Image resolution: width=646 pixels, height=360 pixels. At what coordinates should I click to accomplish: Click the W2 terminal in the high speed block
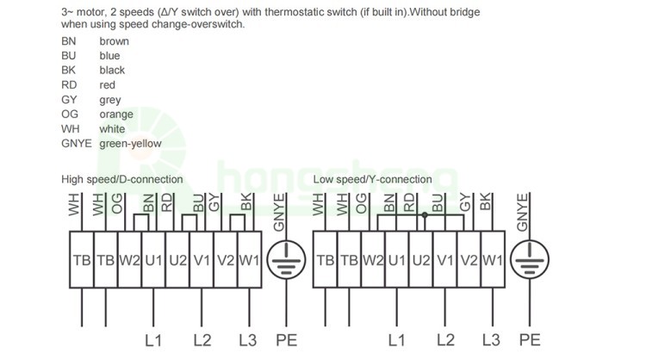point(130,259)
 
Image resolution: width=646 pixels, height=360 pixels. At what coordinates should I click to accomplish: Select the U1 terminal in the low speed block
point(397,259)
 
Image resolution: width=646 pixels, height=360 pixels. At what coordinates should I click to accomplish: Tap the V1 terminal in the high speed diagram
point(202,259)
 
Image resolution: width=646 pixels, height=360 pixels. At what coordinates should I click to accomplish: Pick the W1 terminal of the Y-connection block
point(493,259)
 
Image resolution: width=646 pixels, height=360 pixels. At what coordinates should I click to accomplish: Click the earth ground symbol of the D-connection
point(286,260)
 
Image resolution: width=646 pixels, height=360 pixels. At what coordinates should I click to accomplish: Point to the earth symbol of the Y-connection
point(530,259)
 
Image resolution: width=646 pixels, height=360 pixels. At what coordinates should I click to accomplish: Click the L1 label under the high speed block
point(153,340)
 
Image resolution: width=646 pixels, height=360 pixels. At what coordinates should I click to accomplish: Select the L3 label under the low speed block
point(491,340)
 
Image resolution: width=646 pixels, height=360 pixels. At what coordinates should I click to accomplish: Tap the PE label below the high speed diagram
point(286,340)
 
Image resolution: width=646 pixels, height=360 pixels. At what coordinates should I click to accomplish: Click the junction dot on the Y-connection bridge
point(425,215)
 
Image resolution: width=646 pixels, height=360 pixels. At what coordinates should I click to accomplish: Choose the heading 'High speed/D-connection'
point(122,179)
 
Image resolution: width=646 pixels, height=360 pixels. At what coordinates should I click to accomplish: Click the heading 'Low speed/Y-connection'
point(372,179)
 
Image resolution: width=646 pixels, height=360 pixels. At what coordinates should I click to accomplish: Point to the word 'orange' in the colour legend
point(116,114)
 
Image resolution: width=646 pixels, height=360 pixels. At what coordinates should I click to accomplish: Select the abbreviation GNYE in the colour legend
point(77,143)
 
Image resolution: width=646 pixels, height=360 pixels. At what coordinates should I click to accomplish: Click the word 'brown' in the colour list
point(114,41)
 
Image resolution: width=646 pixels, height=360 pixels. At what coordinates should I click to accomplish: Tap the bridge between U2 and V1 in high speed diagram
point(189,222)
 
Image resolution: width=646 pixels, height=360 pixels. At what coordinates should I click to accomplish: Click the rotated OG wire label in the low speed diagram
point(361,203)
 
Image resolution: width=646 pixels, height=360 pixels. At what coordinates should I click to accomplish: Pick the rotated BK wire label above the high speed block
point(246,202)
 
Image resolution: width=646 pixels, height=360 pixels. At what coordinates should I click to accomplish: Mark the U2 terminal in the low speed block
point(421,259)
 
